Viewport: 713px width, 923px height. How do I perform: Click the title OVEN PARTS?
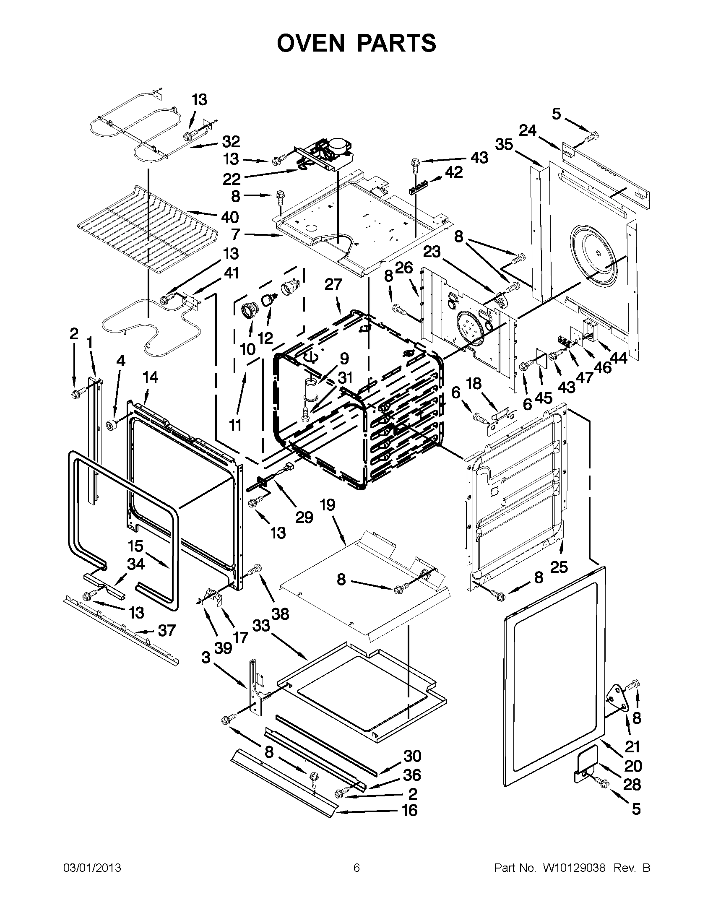click(356, 43)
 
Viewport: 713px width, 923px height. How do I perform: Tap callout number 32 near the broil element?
click(231, 141)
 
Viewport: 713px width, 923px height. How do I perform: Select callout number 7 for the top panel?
click(235, 234)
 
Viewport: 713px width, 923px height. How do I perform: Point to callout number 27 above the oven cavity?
click(333, 284)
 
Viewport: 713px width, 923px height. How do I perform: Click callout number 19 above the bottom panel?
click(328, 504)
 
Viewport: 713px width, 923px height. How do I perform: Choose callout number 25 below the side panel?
click(559, 567)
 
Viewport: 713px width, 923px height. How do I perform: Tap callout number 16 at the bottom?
click(409, 810)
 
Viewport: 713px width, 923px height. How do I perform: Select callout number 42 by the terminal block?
click(453, 172)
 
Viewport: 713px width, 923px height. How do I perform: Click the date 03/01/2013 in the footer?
click(92, 868)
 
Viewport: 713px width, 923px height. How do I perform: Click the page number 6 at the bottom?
click(356, 868)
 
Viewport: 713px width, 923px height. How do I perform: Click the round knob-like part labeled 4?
click(112, 425)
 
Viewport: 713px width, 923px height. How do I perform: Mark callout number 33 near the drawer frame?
click(261, 625)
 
